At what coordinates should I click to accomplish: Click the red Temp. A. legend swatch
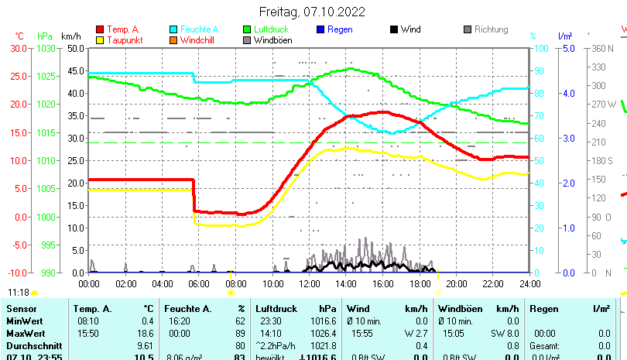pyautogui.click(x=100, y=29)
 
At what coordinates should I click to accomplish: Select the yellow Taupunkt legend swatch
pyautogui.click(x=100, y=39)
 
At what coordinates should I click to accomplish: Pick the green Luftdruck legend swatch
pyautogui.click(x=248, y=29)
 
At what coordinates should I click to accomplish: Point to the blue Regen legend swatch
pyautogui.click(x=321, y=29)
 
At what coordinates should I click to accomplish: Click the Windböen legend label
pyautogui.click(x=272, y=39)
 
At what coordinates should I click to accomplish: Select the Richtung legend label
pyautogui.click(x=491, y=29)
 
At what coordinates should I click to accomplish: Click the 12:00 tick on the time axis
pyautogui.click(x=310, y=283)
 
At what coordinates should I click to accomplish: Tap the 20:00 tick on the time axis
pyautogui.click(x=457, y=283)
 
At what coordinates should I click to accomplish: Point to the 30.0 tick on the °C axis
pyautogui.click(x=19, y=48)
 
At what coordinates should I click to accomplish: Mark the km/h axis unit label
pyautogui.click(x=70, y=36)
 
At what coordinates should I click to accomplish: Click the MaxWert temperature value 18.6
pyautogui.click(x=143, y=333)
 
